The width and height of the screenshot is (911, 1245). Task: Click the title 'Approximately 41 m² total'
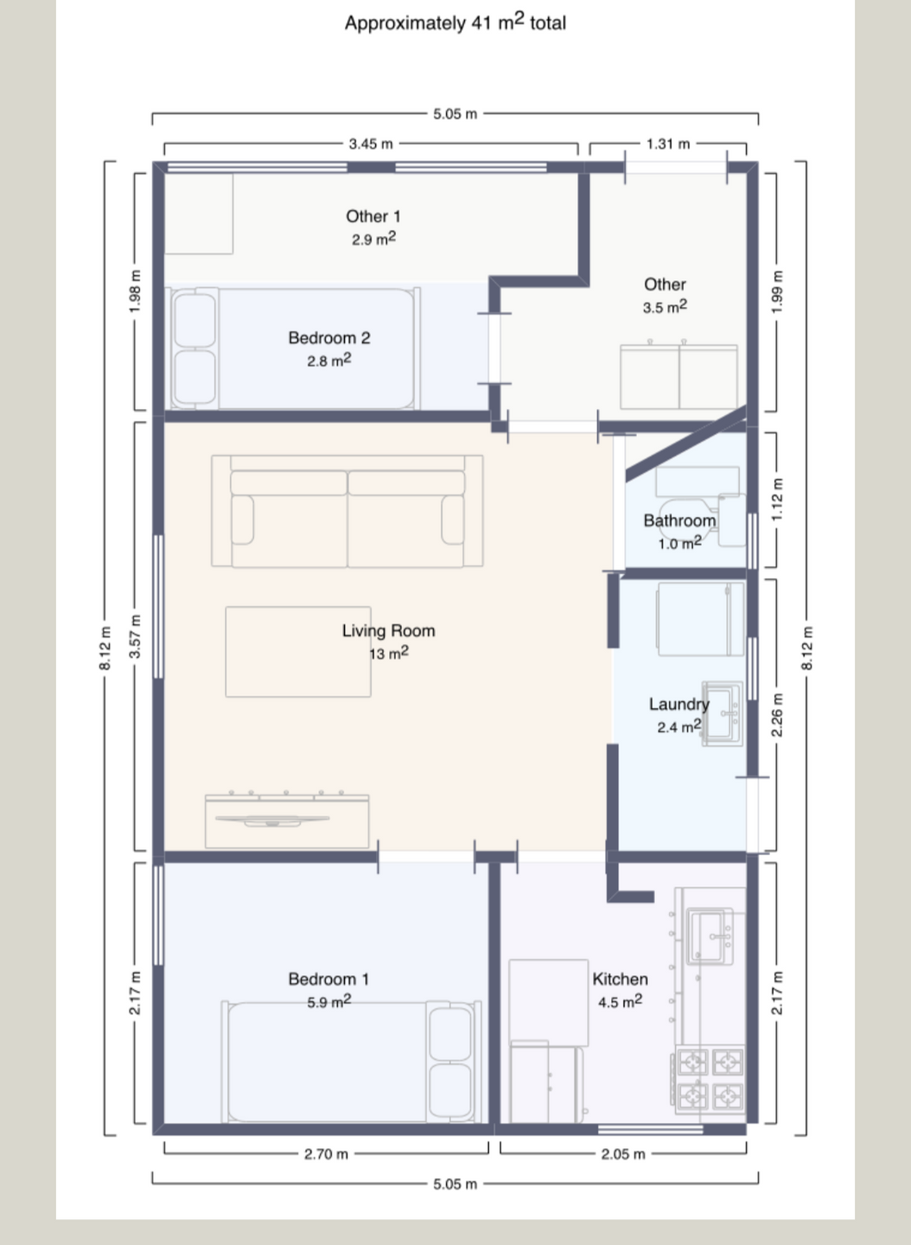coord(455,22)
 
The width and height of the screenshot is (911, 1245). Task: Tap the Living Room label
coord(388,631)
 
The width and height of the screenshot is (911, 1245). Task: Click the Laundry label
coord(678,704)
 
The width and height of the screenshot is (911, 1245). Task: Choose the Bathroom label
coord(679,520)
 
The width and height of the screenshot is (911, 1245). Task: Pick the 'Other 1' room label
coord(373,216)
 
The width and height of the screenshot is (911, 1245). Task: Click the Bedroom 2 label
coord(328,338)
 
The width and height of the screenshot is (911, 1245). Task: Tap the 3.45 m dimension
coord(371,144)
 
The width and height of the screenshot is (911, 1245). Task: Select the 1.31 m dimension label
coord(668,144)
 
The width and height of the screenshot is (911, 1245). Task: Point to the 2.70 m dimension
coord(326,1154)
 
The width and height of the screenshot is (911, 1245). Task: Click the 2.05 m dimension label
coord(623,1154)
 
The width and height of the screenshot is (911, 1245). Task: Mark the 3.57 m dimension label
coord(135,636)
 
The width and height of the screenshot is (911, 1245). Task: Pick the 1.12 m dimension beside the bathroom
coord(778,500)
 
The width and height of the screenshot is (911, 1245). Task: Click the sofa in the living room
coord(347,511)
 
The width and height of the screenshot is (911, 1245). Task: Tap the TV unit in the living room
coord(287,820)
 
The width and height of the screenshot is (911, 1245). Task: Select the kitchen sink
coord(710,936)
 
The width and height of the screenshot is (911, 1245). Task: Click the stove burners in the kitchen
coord(710,1080)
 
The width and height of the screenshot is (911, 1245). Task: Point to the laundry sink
coord(722,713)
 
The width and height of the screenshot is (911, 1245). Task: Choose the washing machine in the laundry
coord(700,619)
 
